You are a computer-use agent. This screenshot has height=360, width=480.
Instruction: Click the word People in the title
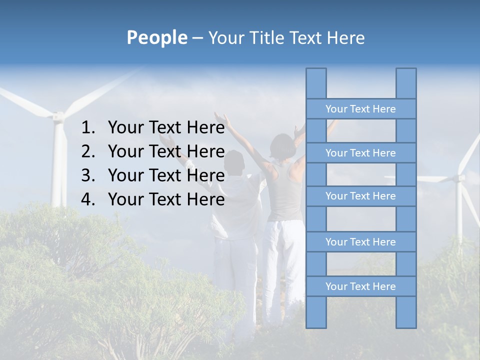coord(156,37)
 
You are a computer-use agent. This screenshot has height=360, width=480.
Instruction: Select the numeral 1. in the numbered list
coord(88,128)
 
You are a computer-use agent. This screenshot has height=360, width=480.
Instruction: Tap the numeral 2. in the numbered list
coord(88,151)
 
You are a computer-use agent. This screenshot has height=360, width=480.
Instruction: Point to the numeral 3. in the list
coord(88,175)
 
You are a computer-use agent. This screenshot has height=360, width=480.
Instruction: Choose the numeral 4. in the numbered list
coord(88,199)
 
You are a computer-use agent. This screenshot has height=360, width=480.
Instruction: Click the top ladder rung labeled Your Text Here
coord(360,109)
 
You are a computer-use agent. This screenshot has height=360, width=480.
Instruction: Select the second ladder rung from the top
coord(360,153)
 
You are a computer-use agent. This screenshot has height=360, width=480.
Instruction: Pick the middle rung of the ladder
coord(360,196)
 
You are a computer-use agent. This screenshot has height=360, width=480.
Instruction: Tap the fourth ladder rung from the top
coord(360,242)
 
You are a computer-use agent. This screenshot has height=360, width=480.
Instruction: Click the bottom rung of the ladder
coord(360,286)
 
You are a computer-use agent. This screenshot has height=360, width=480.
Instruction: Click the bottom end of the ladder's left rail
coord(316,326)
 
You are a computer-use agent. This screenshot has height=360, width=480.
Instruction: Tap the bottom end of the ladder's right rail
coord(406,326)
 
